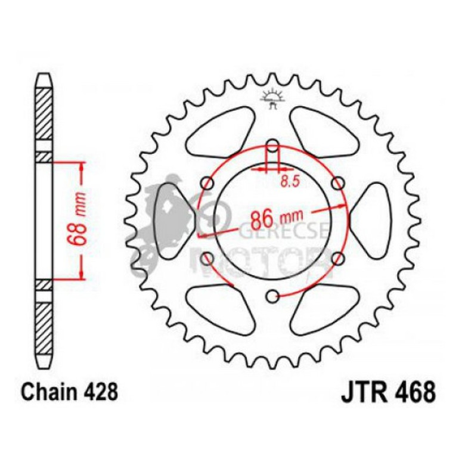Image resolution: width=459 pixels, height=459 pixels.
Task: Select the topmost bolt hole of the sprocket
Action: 272,146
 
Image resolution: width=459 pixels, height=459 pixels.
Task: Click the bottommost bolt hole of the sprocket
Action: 272,295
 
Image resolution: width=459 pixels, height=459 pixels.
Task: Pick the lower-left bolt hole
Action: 207,258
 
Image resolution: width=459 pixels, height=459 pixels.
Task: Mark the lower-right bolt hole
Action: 338,258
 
